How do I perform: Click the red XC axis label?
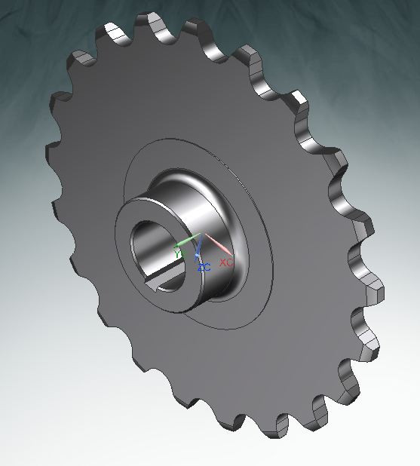point(225,262)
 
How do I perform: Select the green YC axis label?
point(179,254)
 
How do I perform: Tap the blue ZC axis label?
point(204,268)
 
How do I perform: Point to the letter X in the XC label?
point(222,262)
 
